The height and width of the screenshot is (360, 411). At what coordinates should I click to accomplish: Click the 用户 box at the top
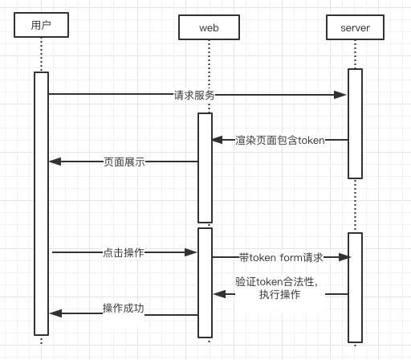pos(41,25)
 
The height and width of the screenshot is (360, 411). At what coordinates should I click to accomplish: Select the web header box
pos(209,27)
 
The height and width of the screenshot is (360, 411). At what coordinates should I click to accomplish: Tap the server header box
pos(355,27)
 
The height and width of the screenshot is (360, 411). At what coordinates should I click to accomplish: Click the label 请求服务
pos(194,95)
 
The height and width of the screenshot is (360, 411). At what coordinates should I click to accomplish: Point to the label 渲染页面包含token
pos(280,140)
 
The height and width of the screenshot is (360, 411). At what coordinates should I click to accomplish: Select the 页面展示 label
pos(124,162)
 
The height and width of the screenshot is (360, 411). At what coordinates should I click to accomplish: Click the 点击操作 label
pos(124,252)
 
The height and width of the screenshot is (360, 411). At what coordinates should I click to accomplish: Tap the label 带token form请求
pos(281,257)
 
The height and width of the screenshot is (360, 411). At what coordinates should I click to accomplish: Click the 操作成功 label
pos(124,309)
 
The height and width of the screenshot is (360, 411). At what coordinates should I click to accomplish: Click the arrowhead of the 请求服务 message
pos(340,95)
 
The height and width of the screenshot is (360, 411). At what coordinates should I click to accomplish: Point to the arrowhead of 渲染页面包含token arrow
pos(218,140)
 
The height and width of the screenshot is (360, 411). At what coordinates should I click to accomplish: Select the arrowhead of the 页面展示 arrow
pos(55,162)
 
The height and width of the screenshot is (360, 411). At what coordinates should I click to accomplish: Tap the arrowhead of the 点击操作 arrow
pos(190,252)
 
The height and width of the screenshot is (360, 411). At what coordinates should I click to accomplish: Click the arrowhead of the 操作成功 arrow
pos(55,313)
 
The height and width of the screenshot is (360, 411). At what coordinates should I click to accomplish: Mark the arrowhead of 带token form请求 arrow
pos(344,257)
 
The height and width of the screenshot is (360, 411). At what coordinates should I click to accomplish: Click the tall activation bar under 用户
pos(41,203)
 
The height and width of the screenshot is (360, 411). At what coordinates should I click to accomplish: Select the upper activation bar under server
pos(355,124)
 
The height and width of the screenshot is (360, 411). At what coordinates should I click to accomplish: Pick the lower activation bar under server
pos(355,288)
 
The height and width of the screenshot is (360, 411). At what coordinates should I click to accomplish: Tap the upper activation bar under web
pos(205,168)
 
